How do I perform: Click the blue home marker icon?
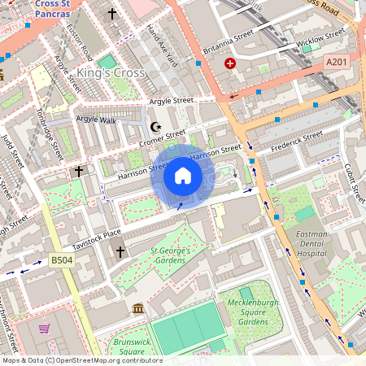183,176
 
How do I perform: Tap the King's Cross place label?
111,73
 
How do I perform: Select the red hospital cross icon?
230,63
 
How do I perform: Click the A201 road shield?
336,62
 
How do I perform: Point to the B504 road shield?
61,260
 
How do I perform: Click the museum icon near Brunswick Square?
137,308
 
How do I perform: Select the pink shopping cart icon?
45,329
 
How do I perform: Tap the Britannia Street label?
229,40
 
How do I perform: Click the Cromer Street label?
163,138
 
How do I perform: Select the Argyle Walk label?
96,120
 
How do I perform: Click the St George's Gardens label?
170,255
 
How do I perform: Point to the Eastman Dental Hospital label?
311,242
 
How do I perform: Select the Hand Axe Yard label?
162,45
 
